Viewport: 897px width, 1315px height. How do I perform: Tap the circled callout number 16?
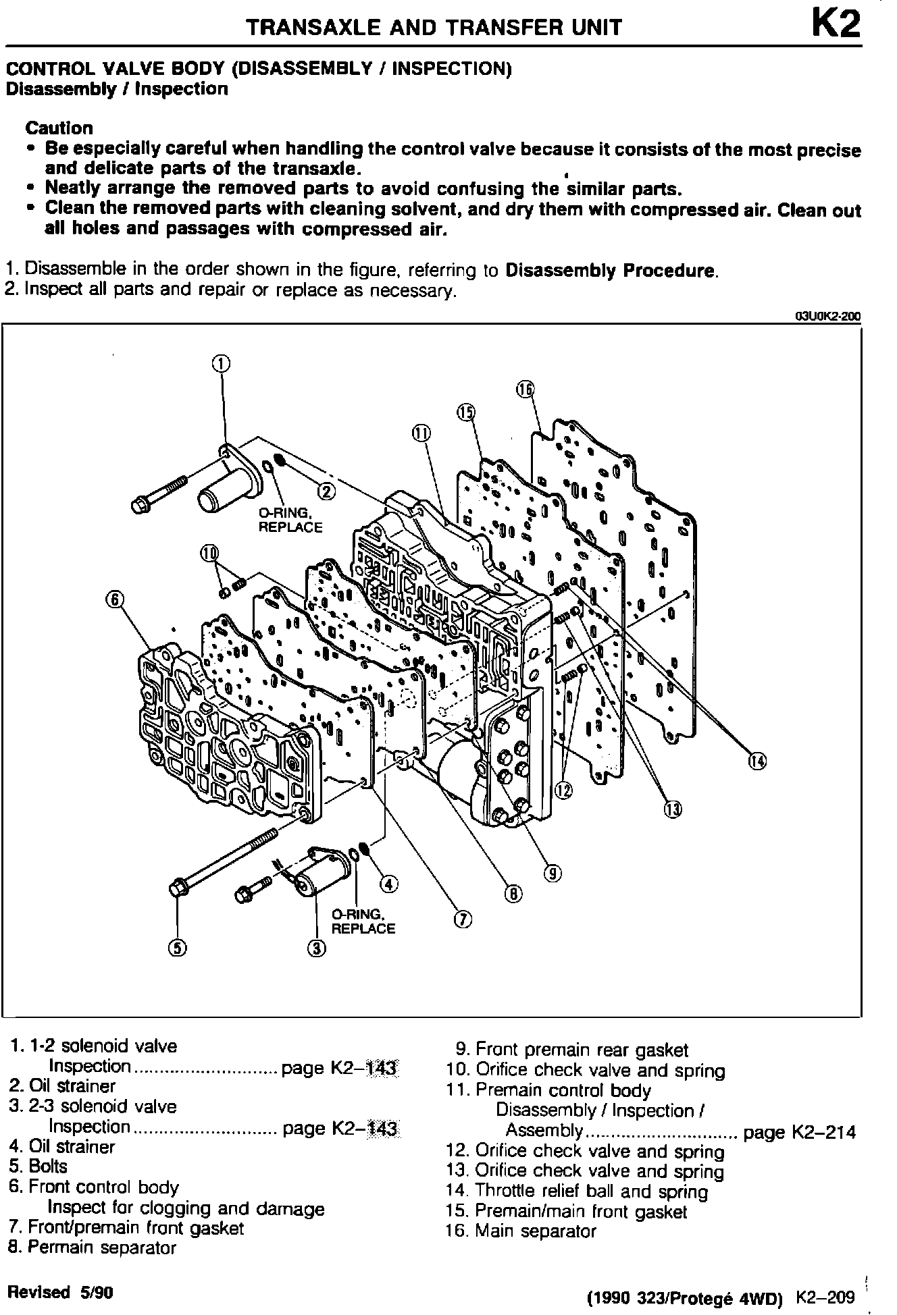[x=526, y=390]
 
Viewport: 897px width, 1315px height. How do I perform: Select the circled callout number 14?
[x=758, y=761]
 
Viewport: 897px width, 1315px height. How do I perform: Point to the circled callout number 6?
[x=115, y=599]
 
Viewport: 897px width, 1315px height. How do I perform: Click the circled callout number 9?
[x=553, y=874]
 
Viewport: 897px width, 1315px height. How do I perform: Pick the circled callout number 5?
[x=177, y=948]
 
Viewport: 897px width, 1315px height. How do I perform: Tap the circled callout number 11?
[x=421, y=433]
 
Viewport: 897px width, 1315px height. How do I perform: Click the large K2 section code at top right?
[x=836, y=26]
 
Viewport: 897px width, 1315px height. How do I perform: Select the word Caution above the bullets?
[x=59, y=128]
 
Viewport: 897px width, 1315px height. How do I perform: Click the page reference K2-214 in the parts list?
[x=799, y=1132]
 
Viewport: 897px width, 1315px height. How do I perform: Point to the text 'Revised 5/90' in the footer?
[x=59, y=1292]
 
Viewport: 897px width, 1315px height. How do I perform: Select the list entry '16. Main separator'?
[x=521, y=1231]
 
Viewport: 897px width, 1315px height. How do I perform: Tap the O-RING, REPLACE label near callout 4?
[x=363, y=921]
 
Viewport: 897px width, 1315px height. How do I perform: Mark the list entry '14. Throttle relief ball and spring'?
[x=577, y=1191]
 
